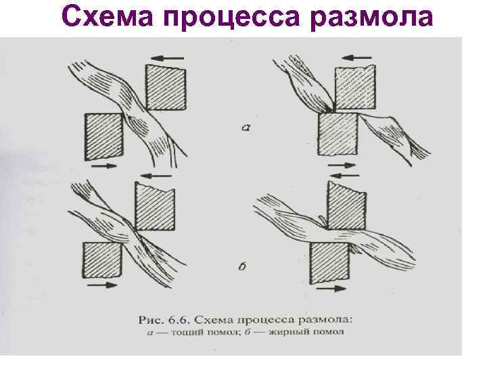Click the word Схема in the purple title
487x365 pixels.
point(108,16)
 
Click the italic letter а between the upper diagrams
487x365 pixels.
point(246,127)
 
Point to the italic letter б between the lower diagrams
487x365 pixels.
point(243,266)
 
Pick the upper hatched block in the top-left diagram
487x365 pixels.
point(166,87)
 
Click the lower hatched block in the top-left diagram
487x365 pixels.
point(103,137)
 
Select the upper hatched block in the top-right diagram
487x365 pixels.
point(355,87)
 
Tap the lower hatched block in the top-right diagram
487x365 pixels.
point(338,134)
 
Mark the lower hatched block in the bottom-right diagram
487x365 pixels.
point(330,263)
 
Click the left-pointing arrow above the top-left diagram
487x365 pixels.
point(168,58)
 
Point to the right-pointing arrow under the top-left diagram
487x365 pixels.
point(103,166)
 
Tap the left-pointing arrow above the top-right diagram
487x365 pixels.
point(356,57)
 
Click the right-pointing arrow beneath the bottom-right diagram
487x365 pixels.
point(331,289)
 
